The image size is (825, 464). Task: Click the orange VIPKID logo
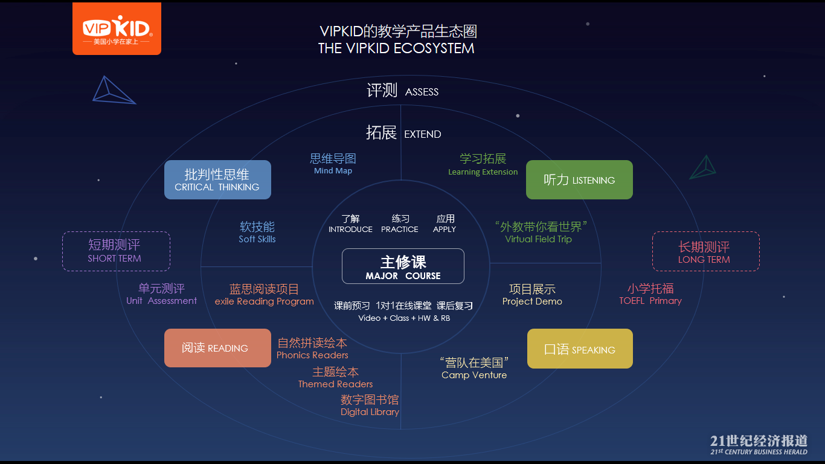[117, 29]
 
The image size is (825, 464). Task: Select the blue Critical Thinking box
[217, 180]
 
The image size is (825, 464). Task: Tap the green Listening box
[579, 180]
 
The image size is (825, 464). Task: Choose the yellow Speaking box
[580, 349]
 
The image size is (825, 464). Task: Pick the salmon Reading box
[217, 348]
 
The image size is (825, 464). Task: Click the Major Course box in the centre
[403, 266]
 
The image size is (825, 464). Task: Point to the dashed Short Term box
[116, 251]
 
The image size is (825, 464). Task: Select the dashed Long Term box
[705, 252]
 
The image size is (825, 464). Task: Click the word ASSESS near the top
[422, 92]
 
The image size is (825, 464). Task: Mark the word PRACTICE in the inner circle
[400, 230]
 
